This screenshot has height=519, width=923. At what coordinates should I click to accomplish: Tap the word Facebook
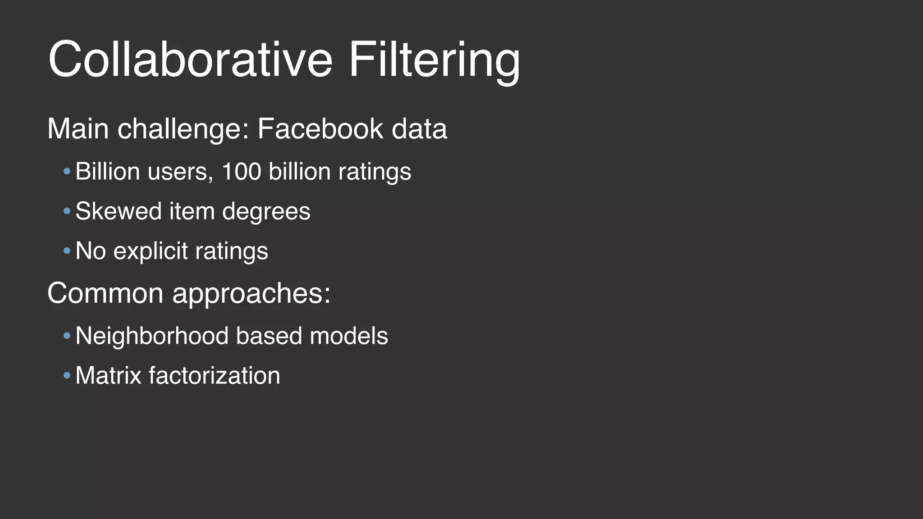click(320, 129)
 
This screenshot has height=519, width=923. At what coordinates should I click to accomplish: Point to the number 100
click(241, 172)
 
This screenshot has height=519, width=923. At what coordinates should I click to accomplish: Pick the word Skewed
click(118, 211)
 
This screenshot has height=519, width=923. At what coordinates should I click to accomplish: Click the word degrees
click(266, 212)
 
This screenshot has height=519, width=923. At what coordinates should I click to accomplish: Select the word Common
click(105, 293)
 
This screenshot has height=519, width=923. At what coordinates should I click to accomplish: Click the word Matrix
click(108, 375)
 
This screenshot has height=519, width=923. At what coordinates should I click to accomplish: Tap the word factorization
click(214, 375)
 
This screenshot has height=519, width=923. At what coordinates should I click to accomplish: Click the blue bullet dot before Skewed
click(67, 211)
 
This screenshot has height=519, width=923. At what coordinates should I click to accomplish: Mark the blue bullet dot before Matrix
click(67, 375)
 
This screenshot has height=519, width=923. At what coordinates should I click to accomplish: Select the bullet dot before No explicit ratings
click(67, 251)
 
